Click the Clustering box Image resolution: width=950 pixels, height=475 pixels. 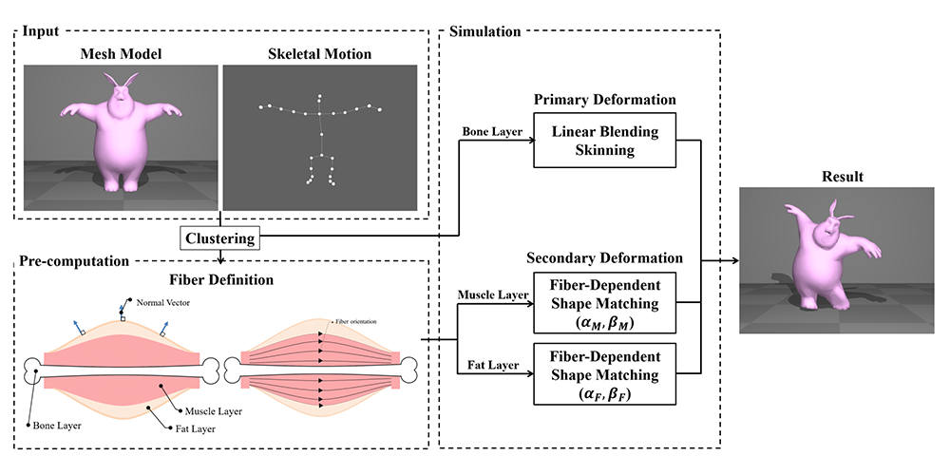tap(219, 237)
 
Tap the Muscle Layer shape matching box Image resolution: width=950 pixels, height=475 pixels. tap(604, 302)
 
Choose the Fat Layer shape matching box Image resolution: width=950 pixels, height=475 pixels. tap(604, 374)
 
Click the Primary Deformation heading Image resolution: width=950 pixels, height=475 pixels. tap(604, 100)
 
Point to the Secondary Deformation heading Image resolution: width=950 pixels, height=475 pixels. tap(604, 257)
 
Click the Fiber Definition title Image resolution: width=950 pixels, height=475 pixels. tap(221, 280)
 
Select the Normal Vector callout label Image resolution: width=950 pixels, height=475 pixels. tap(161, 302)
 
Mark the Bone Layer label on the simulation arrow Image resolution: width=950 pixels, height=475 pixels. tap(490, 131)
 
